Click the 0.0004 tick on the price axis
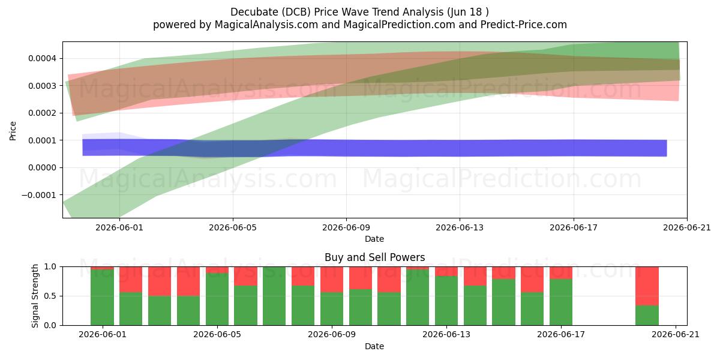(x=42, y=59)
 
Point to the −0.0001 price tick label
(x=38, y=195)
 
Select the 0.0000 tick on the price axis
(x=42, y=168)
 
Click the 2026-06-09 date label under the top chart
(x=346, y=227)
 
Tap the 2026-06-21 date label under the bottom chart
(x=676, y=335)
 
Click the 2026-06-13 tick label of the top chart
(x=460, y=227)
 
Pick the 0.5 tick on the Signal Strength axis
(x=50, y=296)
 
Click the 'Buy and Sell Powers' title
(x=374, y=257)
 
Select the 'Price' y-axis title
(x=13, y=131)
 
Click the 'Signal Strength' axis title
(x=35, y=296)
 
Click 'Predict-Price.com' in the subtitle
(x=524, y=25)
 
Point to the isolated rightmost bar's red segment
(x=647, y=286)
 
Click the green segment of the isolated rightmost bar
(x=647, y=316)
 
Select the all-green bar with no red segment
(x=274, y=296)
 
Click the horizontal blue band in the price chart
(x=374, y=148)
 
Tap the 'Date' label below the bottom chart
(x=374, y=347)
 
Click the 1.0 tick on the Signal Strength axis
(x=50, y=267)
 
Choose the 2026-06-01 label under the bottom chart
(x=103, y=335)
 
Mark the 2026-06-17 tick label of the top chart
(x=574, y=227)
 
